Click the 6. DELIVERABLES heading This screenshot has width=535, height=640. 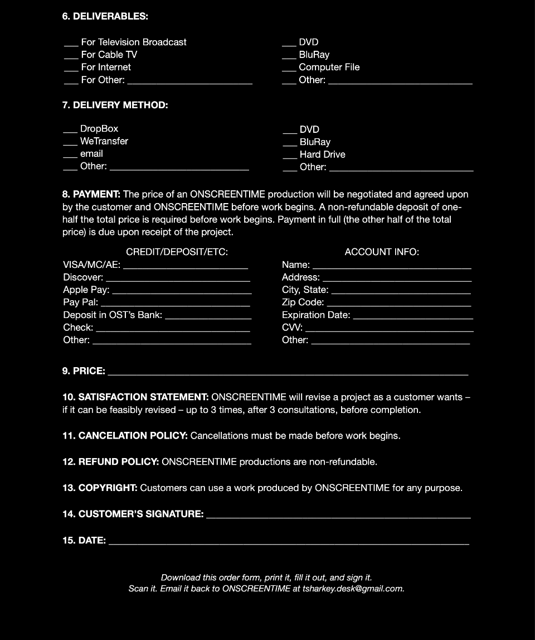pos(105,16)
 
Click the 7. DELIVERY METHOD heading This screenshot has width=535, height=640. pos(115,105)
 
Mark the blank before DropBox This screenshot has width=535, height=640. pos(70,131)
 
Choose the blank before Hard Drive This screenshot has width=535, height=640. pos(290,157)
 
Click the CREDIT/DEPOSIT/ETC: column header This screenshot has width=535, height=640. pos(177,252)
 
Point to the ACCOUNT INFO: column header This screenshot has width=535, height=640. pos(382,252)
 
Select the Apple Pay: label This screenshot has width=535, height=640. pos(86,290)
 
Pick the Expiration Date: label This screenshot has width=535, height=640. pos(316,315)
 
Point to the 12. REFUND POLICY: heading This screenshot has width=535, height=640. pos(111,462)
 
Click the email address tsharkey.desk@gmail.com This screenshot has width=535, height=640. pos(353,589)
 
